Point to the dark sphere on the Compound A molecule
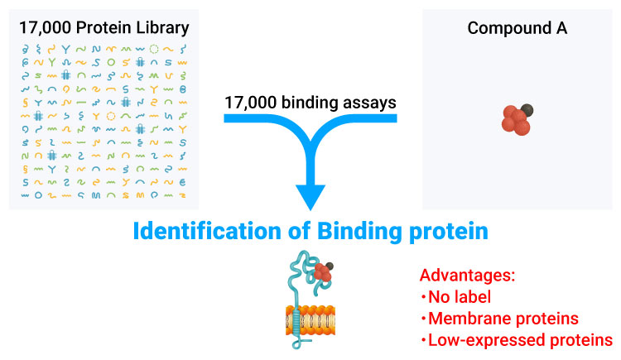(x=527, y=108)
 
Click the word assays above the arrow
(x=372, y=103)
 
